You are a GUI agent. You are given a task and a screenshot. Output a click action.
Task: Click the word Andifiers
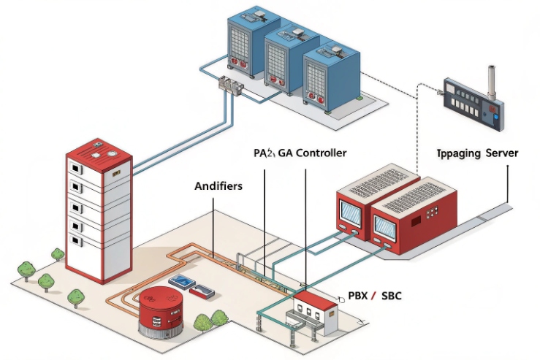(218, 186)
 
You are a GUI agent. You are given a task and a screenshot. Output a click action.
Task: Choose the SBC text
(390, 295)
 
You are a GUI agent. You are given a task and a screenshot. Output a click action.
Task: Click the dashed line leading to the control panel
(417, 124)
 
